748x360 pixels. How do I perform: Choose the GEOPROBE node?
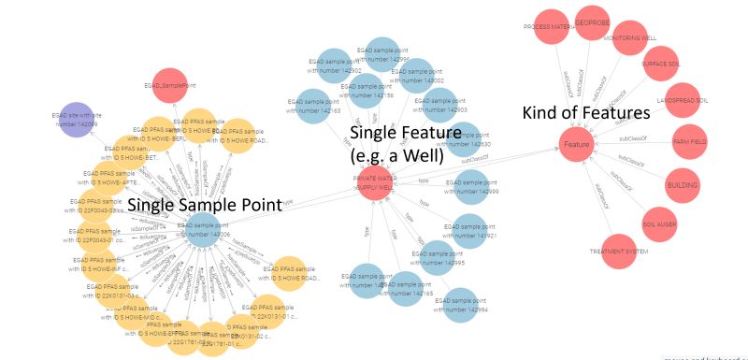point(592,22)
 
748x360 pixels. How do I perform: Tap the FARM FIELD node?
point(691,141)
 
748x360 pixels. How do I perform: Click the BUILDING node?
point(683,185)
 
